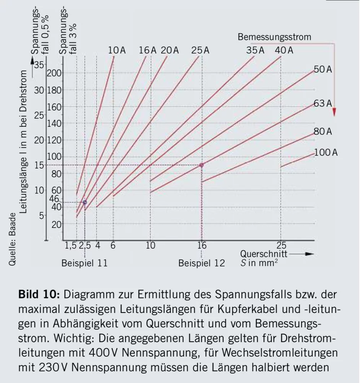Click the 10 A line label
coord(117,50)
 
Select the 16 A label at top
coord(148,50)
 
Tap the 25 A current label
coord(200,50)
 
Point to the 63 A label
coord(323,103)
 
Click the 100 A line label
coord(326,152)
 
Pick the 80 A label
coord(323,132)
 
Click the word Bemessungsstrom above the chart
coord(274,37)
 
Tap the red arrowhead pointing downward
coord(334,112)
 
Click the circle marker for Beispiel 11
coord(85,202)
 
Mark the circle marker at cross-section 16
coord(202,165)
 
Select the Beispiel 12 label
coord(202,263)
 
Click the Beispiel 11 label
coord(85,263)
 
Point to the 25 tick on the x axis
coord(281,246)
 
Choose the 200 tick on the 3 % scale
coord(54,73)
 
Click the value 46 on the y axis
coord(54,199)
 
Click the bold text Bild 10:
coord(39,295)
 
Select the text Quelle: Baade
coord(13,237)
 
